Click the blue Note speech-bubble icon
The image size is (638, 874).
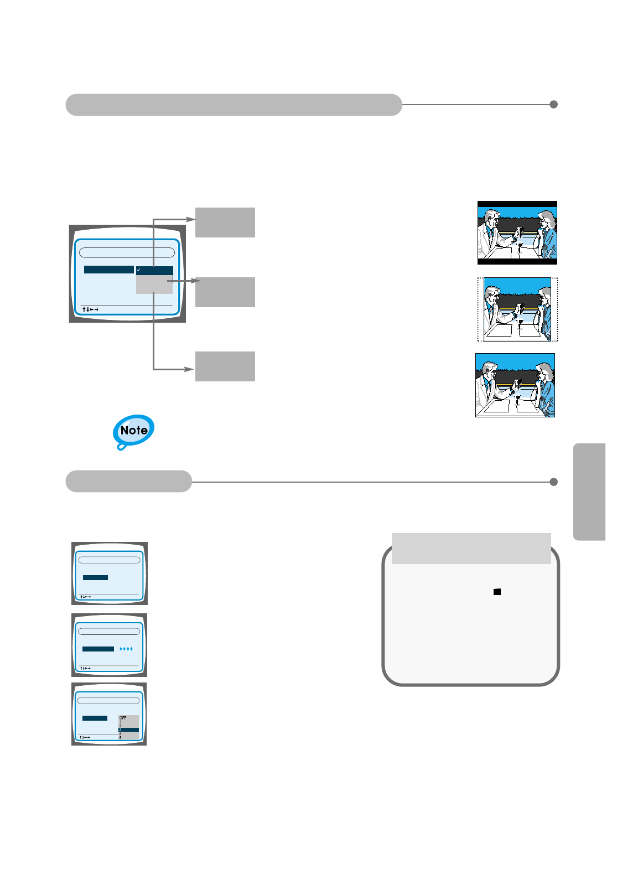point(133,431)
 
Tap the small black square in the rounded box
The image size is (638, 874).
point(497,592)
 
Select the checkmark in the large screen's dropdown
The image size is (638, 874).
point(138,270)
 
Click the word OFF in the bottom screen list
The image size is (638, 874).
point(123,718)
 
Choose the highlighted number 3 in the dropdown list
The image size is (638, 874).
point(121,730)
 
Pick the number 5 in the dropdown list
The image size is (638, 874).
point(121,738)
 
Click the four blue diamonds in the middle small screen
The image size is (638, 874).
point(126,649)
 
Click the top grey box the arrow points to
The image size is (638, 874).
point(225,223)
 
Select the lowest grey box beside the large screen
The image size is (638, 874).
point(225,366)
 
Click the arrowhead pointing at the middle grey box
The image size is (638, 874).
point(196,281)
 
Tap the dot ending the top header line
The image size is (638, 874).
point(553,105)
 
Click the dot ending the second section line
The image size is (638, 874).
point(553,482)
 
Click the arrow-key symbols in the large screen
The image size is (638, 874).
point(90,309)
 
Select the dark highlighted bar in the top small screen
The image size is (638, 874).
point(95,577)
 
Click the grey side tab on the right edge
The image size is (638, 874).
point(590,492)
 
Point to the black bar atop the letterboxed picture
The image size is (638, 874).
point(517,204)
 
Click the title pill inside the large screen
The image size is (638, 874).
point(127,252)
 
